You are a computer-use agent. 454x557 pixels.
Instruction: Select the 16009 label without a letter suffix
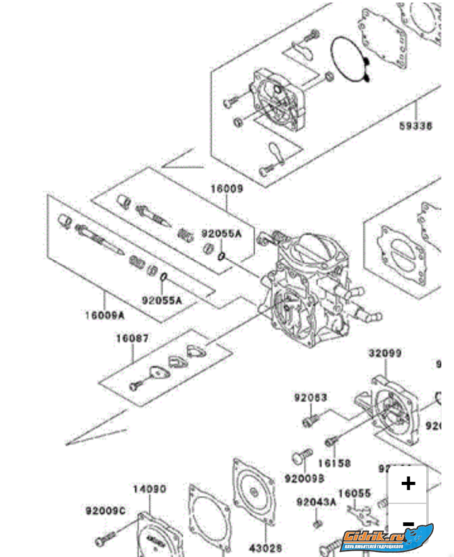[227, 189]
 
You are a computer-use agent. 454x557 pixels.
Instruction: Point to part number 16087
[132, 338]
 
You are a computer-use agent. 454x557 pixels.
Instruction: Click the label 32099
[385, 354]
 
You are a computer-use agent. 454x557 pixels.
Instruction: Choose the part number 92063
[310, 398]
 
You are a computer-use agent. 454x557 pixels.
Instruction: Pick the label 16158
[334, 463]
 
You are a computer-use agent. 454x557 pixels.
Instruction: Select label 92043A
[317, 502]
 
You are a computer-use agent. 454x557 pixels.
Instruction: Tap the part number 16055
[354, 493]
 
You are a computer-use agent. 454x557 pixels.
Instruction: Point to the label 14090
[149, 489]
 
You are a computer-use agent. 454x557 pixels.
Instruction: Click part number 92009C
[106, 510]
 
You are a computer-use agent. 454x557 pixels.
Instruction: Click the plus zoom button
[409, 483]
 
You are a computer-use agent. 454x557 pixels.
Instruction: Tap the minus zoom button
[409, 524]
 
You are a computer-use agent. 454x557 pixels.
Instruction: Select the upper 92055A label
[221, 234]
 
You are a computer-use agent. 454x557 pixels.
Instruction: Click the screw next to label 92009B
[303, 455]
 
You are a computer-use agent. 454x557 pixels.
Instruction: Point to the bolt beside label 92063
[309, 419]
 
